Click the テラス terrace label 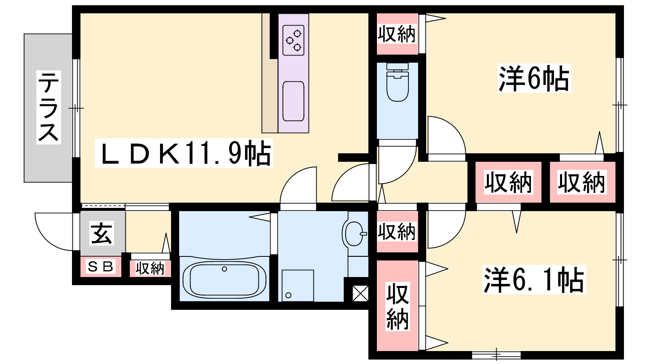tap(49, 107)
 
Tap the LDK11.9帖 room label tap(184, 153)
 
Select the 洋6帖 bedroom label tap(534, 78)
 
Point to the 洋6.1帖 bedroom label tap(534, 279)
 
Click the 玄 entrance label tap(101, 233)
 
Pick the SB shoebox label tap(100, 267)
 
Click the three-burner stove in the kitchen tap(294, 40)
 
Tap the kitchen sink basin tap(294, 101)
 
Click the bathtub tap(224, 279)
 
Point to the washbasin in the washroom tap(354, 234)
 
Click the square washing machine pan tap(298, 286)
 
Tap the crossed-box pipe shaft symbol tap(360, 294)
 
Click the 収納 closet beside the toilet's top tap(398, 34)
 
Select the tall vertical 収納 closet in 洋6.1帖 tap(398, 306)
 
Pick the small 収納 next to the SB tap(150, 269)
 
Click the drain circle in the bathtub tap(224, 269)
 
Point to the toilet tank tap(398, 66)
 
